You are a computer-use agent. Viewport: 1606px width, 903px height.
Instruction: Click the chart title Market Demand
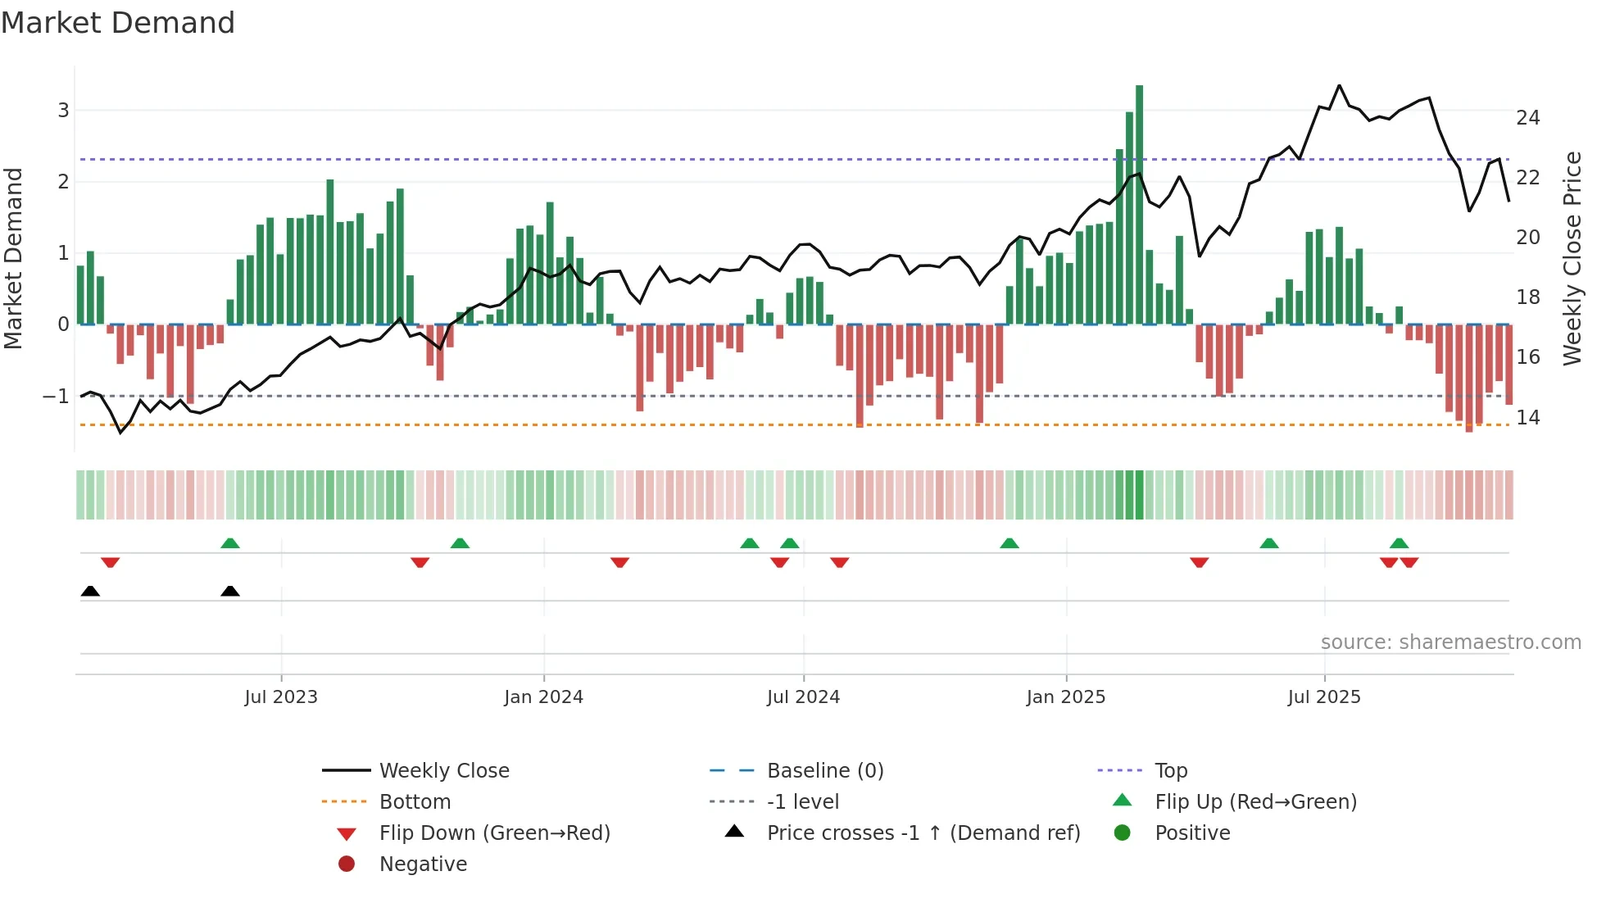click(118, 23)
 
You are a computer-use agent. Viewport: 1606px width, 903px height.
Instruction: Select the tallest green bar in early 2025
click(1139, 205)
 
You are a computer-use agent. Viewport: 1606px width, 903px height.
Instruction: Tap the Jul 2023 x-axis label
click(281, 697)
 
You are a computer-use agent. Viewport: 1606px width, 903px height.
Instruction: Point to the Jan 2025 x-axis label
click(1065, 697)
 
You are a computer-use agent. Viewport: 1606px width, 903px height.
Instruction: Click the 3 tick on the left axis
click(63, 111)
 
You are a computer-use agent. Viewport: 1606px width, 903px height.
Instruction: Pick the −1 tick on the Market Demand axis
click(56, 397)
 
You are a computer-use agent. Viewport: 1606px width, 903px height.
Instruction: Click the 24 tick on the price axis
click(1527, 118)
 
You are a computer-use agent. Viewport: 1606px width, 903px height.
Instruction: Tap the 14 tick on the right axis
click(1527, 418)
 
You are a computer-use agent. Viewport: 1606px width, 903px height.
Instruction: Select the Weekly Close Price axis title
click(1572, 258)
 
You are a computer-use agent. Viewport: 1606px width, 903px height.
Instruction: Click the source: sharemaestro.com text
click(1450, 642)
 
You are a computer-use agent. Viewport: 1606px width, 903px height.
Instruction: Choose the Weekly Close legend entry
click(443, 771)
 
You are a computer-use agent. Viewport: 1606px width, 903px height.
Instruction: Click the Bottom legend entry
click(415, 802)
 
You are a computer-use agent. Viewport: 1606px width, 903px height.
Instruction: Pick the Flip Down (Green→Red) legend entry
click(494, 833)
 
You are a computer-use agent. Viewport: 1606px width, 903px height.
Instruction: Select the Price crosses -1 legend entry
click(923, 833)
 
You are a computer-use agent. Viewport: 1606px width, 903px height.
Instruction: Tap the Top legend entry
click(1170, 771)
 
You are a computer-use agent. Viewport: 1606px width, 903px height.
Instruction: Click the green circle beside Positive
click(1123, 833)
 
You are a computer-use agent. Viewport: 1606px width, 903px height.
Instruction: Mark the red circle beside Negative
click(347, 864)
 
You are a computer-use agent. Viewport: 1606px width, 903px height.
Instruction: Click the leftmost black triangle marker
click(90, 592)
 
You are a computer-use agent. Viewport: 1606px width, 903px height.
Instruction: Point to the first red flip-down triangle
click(111, 562)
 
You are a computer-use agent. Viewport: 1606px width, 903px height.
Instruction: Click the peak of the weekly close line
click(1339, 86)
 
